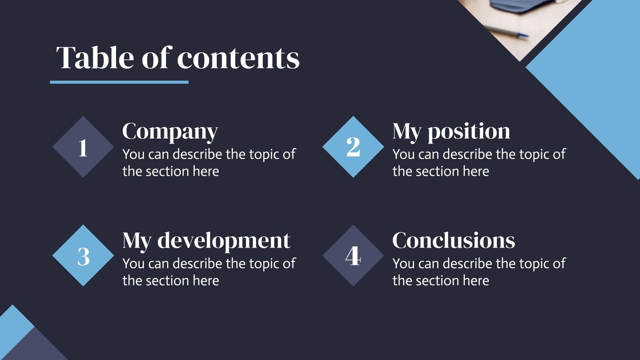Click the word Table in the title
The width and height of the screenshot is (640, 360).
[95, 58]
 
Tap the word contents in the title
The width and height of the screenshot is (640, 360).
[238, 58]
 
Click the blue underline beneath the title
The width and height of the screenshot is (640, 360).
[119, 82]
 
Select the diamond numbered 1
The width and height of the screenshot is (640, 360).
[83, 147]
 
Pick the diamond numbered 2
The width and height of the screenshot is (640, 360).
[353, 147]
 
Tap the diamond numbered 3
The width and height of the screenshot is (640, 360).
[83, 256]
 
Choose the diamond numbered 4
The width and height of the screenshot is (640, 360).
[353, 256]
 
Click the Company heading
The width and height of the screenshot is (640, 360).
[170, 131]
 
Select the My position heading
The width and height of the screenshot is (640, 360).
[451, 131]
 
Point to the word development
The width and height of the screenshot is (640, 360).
[224, 241]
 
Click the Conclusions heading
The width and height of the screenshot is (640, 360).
[454, 240]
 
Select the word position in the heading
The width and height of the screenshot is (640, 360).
[469, 131]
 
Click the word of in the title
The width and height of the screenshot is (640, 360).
[157, 58]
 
